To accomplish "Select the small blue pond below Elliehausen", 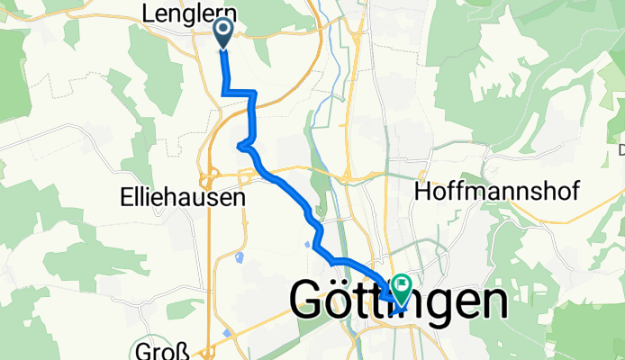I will point(239,258).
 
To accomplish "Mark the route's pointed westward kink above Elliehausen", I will point(239,146).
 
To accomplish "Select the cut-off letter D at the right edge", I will point(621,148).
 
